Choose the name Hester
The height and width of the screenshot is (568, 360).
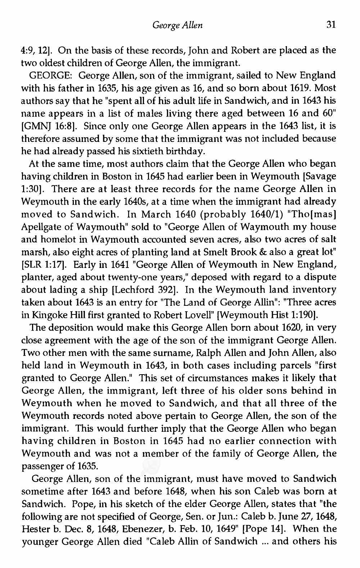pyautogui.click(x=34, y=529)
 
